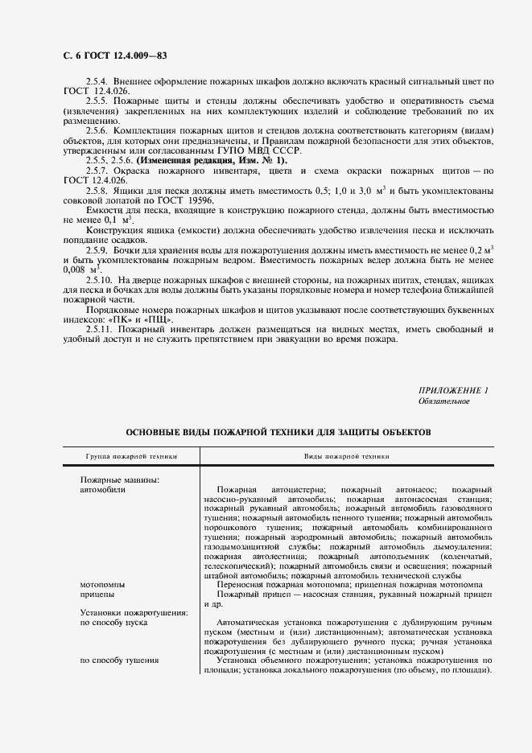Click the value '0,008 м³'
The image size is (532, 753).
click(79, 270)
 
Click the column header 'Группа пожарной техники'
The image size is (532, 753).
click(130, 456)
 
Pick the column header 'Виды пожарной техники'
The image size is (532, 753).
click(346, 456)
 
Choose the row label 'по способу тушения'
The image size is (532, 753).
click(118, 660)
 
